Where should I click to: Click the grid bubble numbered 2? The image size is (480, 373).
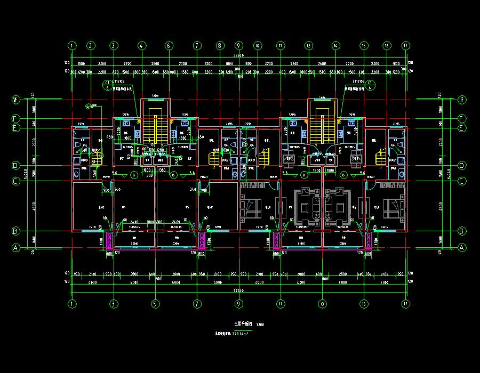click(91, 46)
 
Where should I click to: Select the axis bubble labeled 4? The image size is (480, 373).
click(141, 46)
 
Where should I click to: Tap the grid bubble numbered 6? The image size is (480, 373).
click(169, 46)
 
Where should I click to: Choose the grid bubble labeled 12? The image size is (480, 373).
click(308, 46)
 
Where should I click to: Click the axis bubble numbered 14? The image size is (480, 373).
click(336, 46)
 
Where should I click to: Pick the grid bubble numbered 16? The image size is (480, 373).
click(387, 46)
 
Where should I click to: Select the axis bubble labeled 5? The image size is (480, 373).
click(155, 303)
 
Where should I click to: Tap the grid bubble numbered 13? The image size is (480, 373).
click(322, 303)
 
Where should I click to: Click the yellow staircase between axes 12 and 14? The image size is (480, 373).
click(322, 126)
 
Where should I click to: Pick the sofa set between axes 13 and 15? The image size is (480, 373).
click(337, 205)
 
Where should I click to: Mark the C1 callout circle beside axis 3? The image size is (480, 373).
click(107, 82)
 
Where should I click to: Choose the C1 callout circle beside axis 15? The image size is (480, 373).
click(369, 82)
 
